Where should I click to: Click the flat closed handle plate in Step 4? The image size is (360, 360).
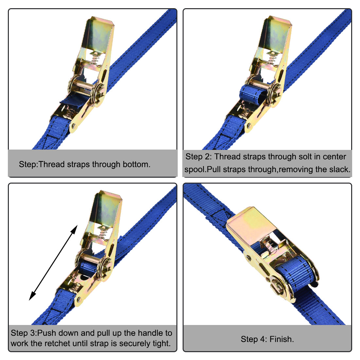[249, 226]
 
